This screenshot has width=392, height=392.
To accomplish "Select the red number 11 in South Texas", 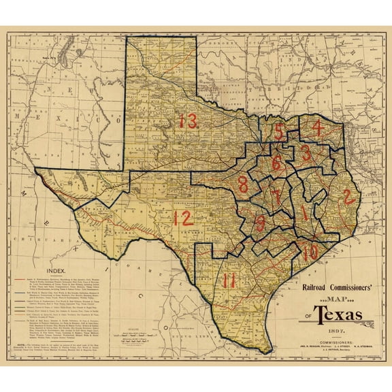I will pyautogui.click(x=229, y=279).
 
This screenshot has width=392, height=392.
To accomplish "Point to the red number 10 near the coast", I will pyautogui.click(x=310, y=251).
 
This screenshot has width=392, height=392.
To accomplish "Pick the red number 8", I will pyautogui.click(x=244, y=184).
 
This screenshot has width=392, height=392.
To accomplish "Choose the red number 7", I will pyautogui.click(x=276, y=197).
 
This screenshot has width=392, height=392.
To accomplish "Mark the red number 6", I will pyautogui.click(x=276, y=163).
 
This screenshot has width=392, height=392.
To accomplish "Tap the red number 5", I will pyautogui.click(x=280, y=131).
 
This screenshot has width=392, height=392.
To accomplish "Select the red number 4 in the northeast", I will pyautogui.click(x=316, y=127).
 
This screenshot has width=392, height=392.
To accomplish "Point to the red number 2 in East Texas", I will pyautogui.click(x=348, y=197).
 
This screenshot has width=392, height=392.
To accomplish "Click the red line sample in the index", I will pyautogui.click(x=20, y=279).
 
